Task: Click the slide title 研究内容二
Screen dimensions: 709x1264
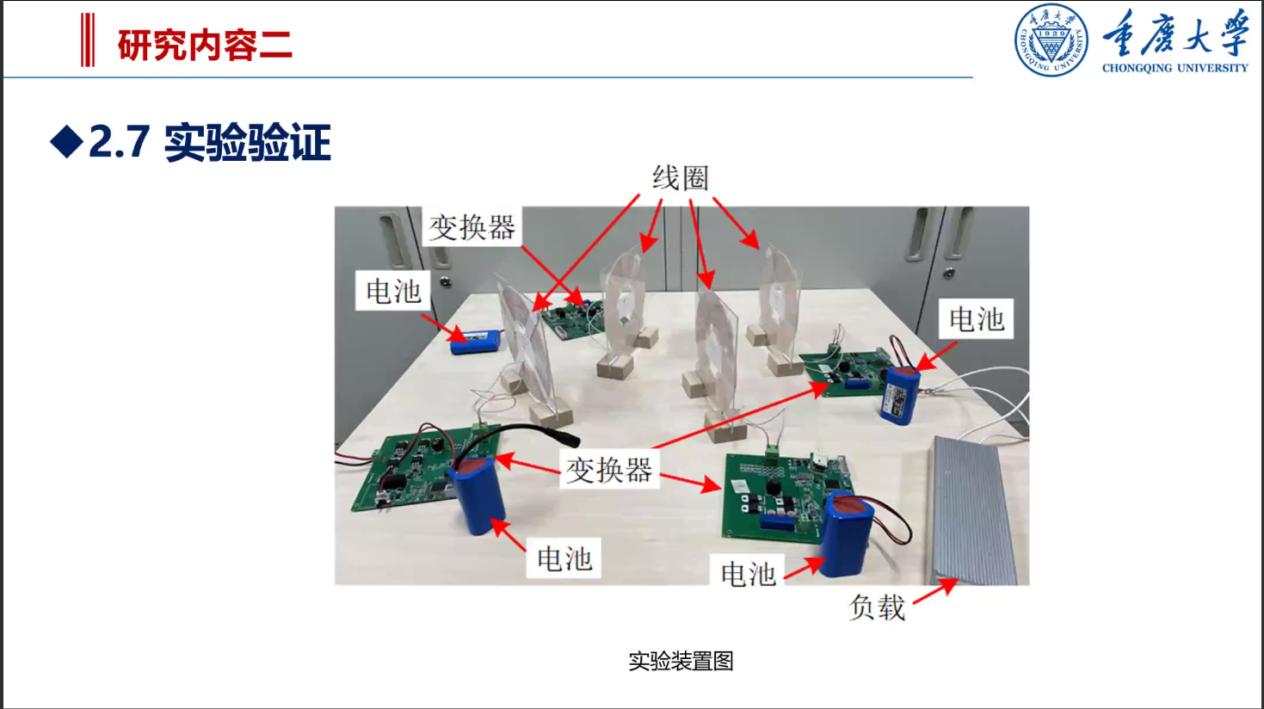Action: click(x=205, y=45)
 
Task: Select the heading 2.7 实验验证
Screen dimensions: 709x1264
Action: click(x=209, y=143)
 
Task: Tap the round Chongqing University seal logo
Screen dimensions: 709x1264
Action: click(x=1051, y=40)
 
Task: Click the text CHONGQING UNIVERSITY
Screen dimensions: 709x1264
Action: click(x=1175, y=68)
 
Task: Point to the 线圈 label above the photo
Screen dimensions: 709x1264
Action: click(x=680, y=178)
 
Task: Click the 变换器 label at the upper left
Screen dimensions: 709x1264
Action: click(x=472, y=228)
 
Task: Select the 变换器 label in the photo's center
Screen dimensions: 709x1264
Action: click(x=608, y=470)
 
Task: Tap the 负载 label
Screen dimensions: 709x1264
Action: click(x=877, y=607)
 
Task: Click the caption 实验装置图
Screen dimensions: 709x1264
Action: click(x=681, y=661)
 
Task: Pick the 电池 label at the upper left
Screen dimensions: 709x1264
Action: click(x=393, y=292)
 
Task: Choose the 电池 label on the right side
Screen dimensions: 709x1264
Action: click(x=976, y=319)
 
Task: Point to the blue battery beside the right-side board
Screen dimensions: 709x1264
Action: click(x=900, y=395)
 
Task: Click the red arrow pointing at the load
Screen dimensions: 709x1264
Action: click(x=934, y=591)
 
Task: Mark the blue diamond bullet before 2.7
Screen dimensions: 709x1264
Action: click(x=66, y=142)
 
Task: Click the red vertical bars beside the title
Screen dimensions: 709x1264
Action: click(x=87, y=40)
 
